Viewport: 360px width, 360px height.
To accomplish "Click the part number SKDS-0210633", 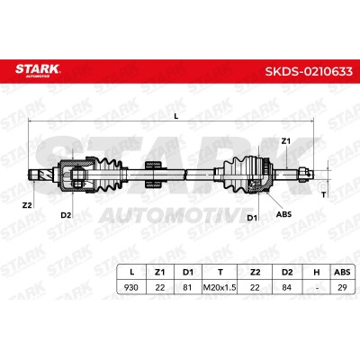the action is tap(309, 71).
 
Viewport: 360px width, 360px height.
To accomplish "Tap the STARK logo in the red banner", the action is tap(38, 70).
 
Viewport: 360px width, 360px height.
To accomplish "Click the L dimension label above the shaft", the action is tap(176, 116).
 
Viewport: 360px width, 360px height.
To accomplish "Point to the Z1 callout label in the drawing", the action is tap(286, 141).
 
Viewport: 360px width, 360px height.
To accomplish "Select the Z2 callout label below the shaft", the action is tap(27, 205).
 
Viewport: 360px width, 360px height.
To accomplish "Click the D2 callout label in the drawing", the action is tap(66, 215).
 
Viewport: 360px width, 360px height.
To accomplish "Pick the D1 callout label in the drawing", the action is tap(252, 218).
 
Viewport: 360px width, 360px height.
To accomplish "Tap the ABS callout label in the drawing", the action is tap(283, 214).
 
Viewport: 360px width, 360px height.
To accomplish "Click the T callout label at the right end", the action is tap(323, 195).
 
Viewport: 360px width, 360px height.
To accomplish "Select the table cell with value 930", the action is tap(131, 287).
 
